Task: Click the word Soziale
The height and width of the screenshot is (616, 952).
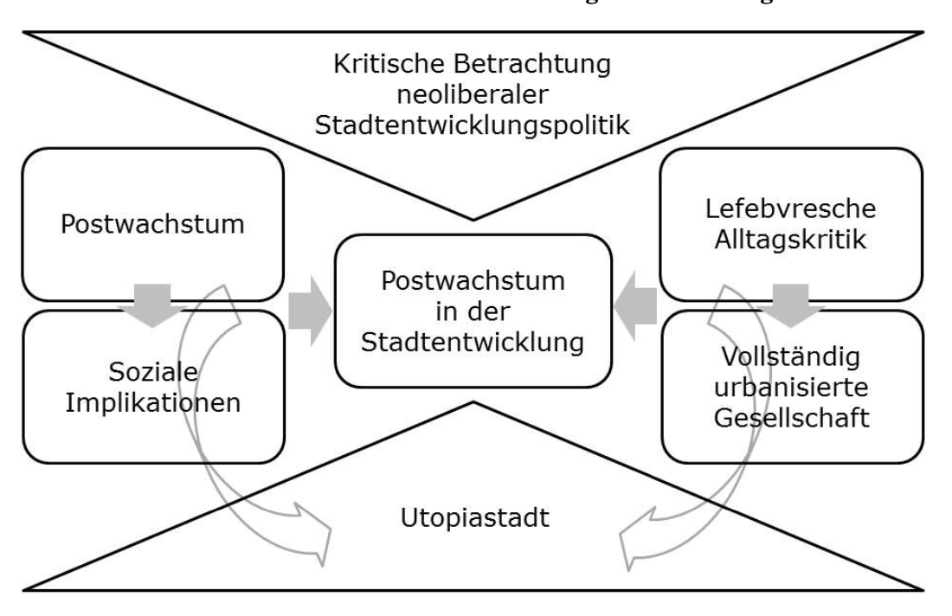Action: coord(152,374)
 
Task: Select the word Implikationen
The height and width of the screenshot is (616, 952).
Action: coord(152,402)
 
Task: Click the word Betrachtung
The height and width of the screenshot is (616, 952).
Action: coord(527,66)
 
